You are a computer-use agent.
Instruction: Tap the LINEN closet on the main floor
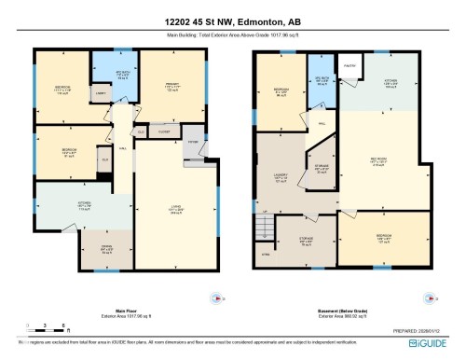(x=100, y=93)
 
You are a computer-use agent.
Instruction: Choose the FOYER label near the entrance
(x=193, y=142)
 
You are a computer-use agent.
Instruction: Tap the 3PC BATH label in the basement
(x=322, y=81)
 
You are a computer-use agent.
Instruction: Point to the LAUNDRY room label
(x=281, y=175)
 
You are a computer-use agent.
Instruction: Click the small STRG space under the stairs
(x=266, y=253)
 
